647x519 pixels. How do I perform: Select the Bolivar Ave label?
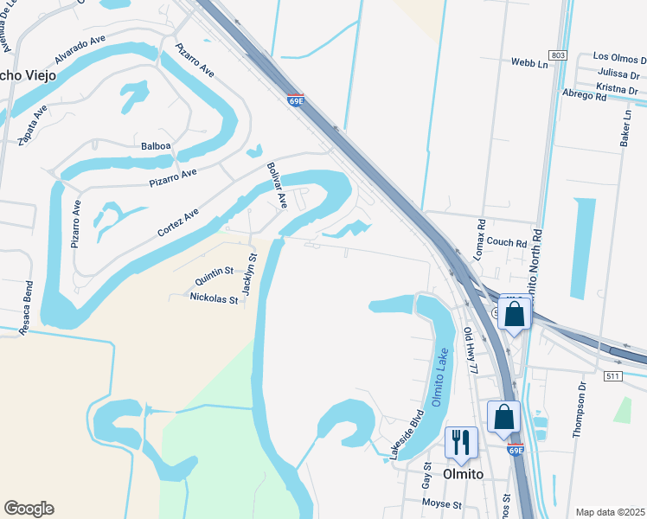[x=277, y=185]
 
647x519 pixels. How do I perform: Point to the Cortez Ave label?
[x=178, y=222]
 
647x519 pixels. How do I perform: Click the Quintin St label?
[x=214, y=276]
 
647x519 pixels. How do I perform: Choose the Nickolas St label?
[x=214, y=298]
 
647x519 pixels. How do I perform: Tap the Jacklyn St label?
[x=249, y=274]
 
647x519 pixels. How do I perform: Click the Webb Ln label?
[x=529, y=63]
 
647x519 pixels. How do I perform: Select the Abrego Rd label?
[x=584, y=97]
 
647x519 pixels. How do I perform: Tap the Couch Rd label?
[x=507, y=243]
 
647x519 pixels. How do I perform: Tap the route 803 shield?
[x=558, y=55]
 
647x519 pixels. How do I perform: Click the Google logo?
[x=29, y=509]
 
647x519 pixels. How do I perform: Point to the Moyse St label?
[x=441, y=504]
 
